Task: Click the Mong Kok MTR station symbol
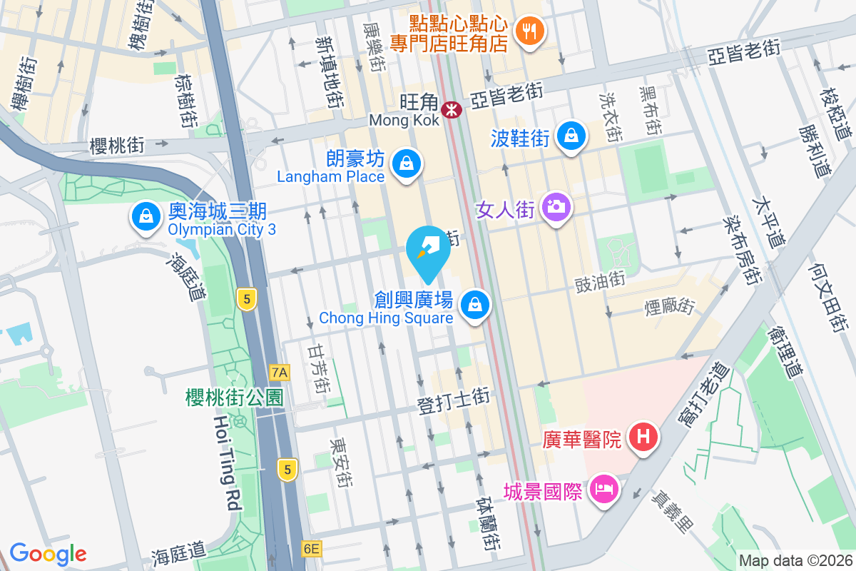click(x=451, y=110)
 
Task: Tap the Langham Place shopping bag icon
click(x=406, y=163)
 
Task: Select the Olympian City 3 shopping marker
click(x=146, y=215)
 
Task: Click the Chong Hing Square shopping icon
click(x=474, y=305)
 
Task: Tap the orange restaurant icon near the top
click(x=529, y=31)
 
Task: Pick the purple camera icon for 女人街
click(x=556, y=208)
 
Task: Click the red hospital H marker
click(x=643, y=437)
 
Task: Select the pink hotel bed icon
click(x=605, y=490)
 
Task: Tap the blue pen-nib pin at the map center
click(x=427, y=248)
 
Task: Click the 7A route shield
click(x=280, y=373)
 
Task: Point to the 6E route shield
click(x=311, y=548)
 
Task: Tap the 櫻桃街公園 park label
click(x=235, y=398)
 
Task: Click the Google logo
click(x=48, y=553)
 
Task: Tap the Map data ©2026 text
click(x=795, y=561)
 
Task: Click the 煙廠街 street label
click(x=670, y=307)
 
